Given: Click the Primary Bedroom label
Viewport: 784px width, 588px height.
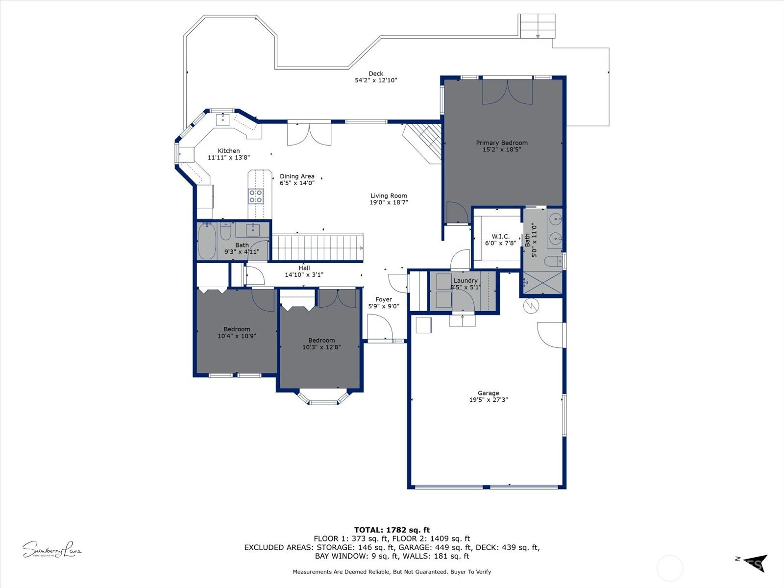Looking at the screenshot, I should tap(502, 143).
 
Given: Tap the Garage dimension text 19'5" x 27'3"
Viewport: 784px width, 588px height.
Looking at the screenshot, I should tap(489, 400).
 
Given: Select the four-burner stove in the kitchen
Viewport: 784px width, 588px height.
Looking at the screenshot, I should tap(256, 196).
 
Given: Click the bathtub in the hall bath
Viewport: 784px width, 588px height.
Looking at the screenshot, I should tap(206, 242).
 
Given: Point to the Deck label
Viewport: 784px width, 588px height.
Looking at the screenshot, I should tap(376, 74).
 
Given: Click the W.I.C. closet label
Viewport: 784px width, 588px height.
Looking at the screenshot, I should tap(500, 237).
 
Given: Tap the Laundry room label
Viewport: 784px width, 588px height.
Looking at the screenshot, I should tap(465, 281).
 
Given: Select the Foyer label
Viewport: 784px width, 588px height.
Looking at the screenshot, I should tap(384, 299).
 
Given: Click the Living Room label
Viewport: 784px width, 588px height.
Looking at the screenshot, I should tap(389, 196).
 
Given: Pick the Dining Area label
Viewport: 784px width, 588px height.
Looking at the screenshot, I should tap(297, 176).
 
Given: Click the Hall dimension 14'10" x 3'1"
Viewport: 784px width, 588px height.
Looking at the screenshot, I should tap(304, 275).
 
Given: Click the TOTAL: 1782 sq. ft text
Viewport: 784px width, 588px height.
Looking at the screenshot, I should tap(392, 530).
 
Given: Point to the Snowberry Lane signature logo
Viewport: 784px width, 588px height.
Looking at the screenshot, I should tap(51, 549).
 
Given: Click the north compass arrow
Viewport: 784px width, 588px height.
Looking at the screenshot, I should tap(755, 563).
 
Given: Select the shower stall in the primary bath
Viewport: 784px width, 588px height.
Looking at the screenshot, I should tap(542, 283).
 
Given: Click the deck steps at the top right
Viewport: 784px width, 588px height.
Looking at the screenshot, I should tap(538, 26).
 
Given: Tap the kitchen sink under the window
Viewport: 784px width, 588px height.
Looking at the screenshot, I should tap(223, 119).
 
